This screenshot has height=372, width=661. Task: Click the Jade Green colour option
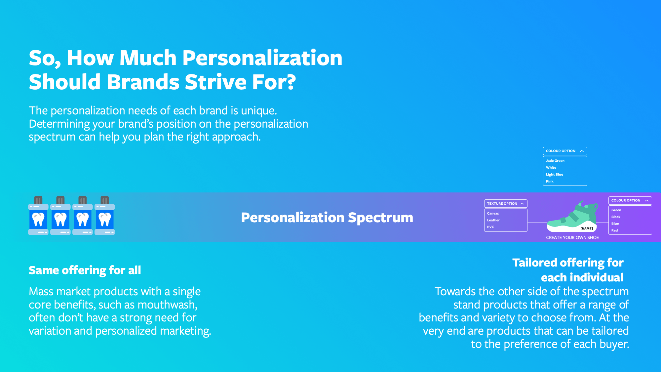click(555, 161)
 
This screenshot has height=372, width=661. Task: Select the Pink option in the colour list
click(550, 182)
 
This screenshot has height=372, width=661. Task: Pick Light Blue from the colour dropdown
click(555, 175)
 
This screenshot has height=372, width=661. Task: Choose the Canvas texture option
click(493, 214)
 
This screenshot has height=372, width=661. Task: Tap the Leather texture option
click(493, 220)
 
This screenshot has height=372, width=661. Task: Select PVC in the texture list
click(490, 227)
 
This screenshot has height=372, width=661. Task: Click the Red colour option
click(614, 230)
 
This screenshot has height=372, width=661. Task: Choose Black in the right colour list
click(616, 217)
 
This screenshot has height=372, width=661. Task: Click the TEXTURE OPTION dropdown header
click(506, 204)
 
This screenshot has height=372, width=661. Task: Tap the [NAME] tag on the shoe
click(587, 228)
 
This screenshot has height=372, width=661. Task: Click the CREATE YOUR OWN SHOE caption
click(572, 237)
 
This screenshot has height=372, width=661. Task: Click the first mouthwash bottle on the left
click(38, 215)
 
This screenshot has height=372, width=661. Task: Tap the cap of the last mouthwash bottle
click(105, 200)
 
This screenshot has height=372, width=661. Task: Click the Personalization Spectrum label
click(327, 218)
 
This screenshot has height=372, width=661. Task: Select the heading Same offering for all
click(85, 270)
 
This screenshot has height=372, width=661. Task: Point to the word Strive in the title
click(215, 82)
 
